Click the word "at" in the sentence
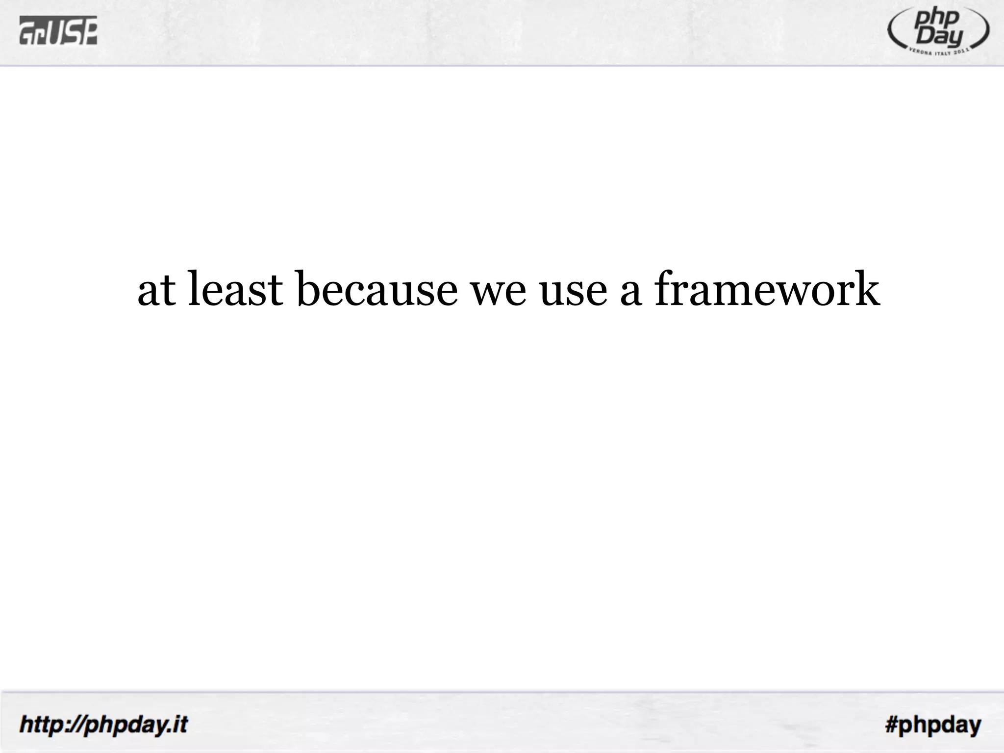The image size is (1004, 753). point(156,291)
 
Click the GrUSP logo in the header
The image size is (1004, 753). point(58,30)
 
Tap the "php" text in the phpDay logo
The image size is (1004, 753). point(940,21)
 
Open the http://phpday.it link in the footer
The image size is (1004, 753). point(103,724)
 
